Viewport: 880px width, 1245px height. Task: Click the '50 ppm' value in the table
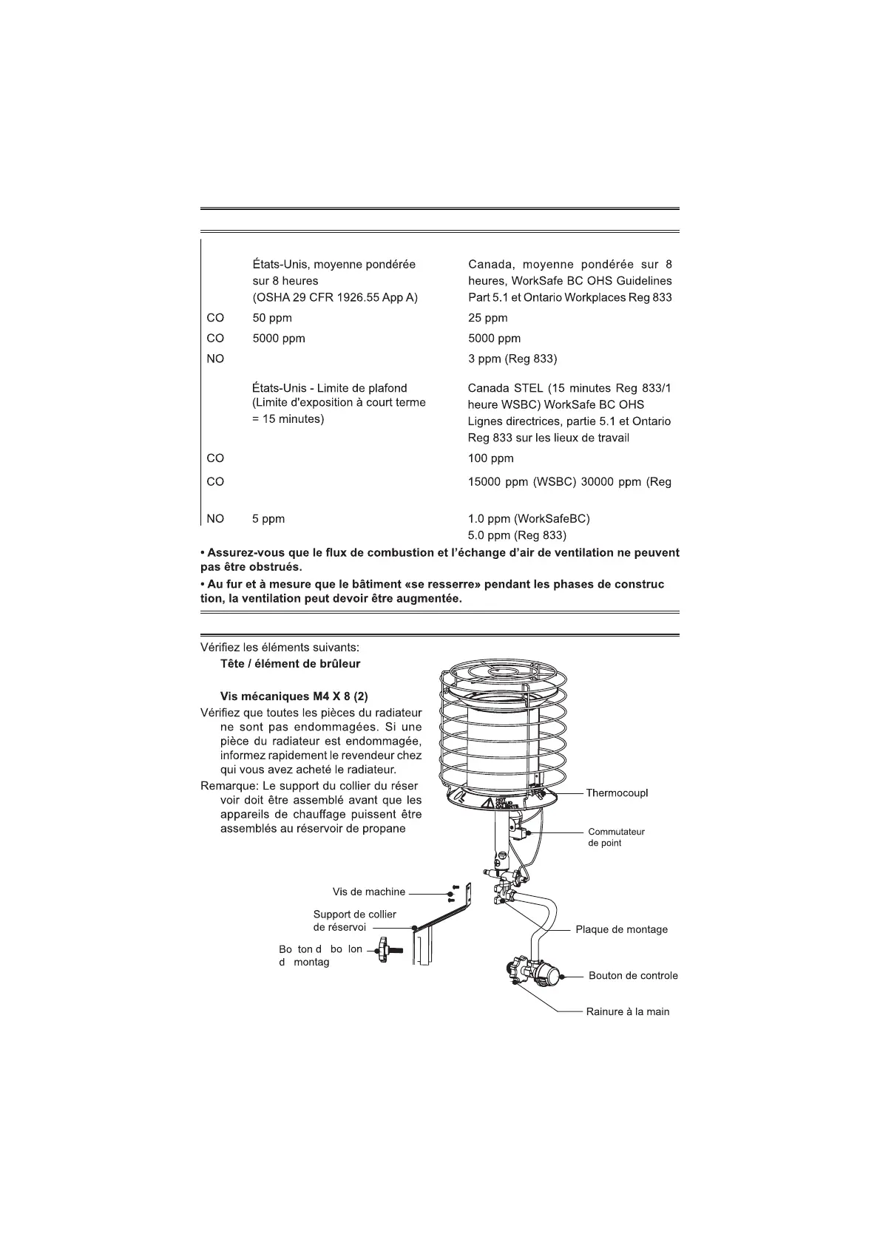tap(271, 318)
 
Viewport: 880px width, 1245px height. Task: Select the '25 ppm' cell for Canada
tap(487, 318)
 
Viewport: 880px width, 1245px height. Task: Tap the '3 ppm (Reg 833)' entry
tap(512, 359)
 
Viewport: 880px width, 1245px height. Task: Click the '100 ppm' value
tap(490, 458)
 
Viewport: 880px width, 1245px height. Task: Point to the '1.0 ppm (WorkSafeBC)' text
tap(529, 518)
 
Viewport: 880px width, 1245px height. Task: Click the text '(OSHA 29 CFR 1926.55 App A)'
tap(335, 297)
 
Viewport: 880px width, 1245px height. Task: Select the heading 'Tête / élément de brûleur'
tap(290, 663)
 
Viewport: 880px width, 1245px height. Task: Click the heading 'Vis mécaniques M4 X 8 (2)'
tap(294, 696)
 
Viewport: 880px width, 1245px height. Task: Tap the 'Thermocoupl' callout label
tap(617, 793)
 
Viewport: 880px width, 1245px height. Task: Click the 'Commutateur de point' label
tap(616, 837)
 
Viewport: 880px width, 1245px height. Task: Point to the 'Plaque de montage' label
tap(621, 929)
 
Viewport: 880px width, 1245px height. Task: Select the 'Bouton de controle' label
tap(633, 975)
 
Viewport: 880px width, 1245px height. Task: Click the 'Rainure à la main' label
tap(627, 1011)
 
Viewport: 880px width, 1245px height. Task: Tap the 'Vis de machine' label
tap(369, 892)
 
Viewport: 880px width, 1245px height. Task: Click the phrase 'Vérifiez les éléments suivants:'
tap(280, 647)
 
